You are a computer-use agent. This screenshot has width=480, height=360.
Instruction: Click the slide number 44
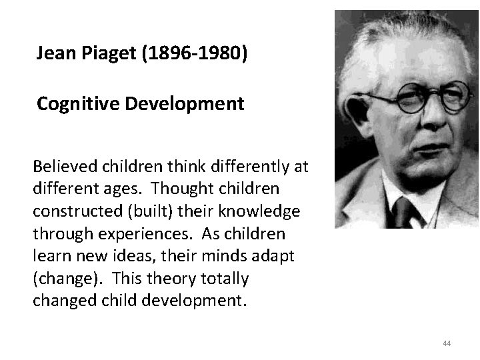pos(447,343)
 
